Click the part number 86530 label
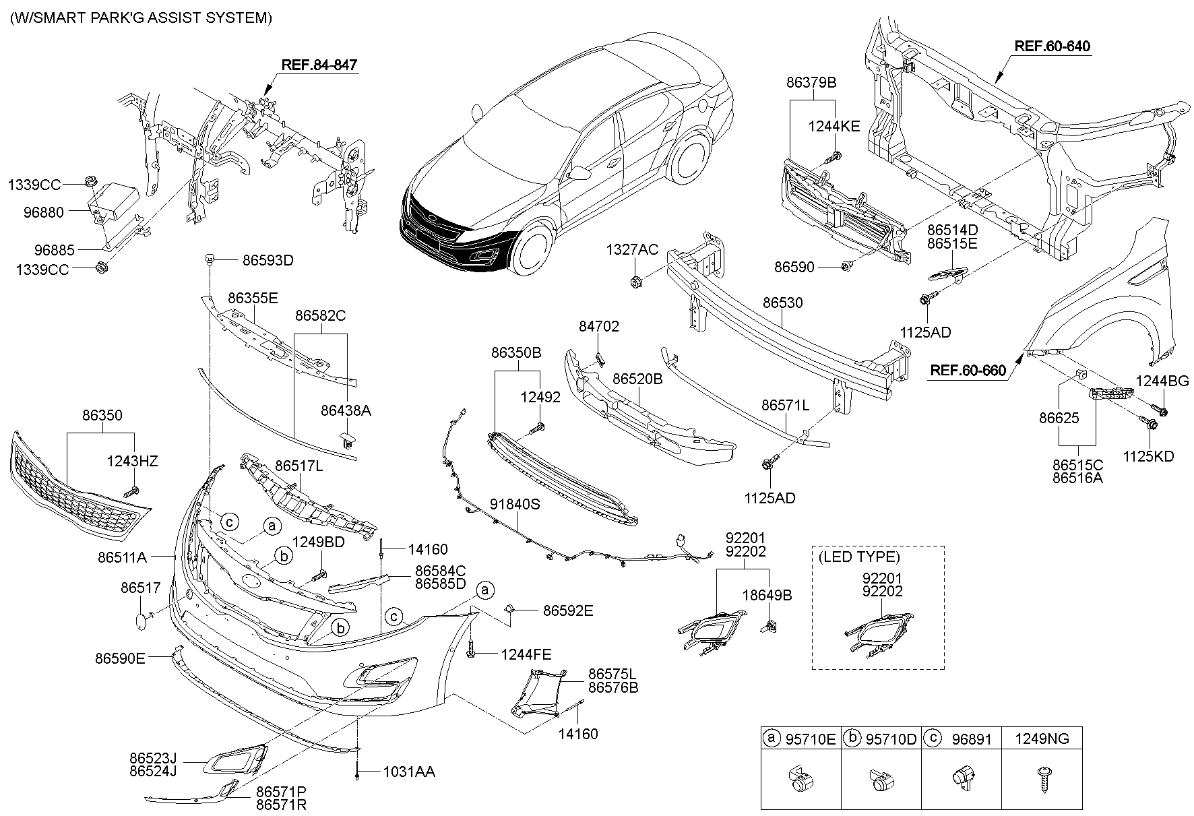tap(782, 303)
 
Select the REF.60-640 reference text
tap(1052, 46)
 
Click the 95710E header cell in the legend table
tap(801, 739)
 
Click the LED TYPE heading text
tap(858, 557)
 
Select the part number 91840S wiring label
tap(515, 505)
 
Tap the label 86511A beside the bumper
tap(122, 557)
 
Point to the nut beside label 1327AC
tap(634, 282)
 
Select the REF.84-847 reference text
tap(319, 65)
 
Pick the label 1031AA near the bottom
tap(408, 772)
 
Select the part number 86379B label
tap(811, 82)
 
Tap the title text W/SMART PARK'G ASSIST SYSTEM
tap(141, 18)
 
